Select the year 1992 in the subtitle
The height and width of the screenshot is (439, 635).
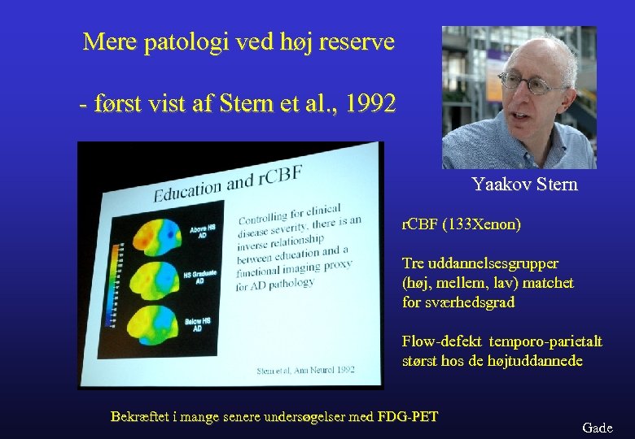coord(370,104)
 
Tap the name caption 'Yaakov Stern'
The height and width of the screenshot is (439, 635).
coord(524,185)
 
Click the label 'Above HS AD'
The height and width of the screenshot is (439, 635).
coord(203,232)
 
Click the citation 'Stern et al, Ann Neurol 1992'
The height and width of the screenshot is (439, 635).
coord(305,370)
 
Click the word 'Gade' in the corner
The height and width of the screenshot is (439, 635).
coord(598,428)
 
